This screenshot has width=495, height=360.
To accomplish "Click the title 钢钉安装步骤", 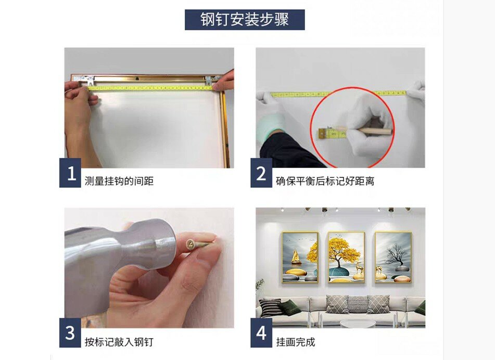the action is [245, 20].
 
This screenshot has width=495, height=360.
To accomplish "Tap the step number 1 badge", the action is [70, 173].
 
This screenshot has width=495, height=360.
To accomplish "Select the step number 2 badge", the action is [261, 173].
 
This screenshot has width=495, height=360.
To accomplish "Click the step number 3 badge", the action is [70, 332].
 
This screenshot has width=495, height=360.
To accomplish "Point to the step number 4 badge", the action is [261, 332].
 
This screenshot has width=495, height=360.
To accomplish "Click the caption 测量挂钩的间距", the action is [119, 181].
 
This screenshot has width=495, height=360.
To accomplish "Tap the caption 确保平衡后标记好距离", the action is [325, 181].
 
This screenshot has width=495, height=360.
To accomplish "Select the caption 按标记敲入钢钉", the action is [119, 342].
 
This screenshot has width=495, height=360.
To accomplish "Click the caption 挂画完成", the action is [296, 342].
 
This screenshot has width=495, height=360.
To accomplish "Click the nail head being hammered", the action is [191, 244].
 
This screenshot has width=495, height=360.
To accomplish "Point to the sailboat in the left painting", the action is [296, 256].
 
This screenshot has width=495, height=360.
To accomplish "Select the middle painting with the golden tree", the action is [346, 257].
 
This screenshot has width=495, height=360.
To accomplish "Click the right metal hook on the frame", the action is [210, 80].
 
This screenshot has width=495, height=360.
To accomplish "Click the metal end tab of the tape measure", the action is [321, 134].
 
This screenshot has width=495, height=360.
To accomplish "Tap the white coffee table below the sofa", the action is [358, 324].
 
